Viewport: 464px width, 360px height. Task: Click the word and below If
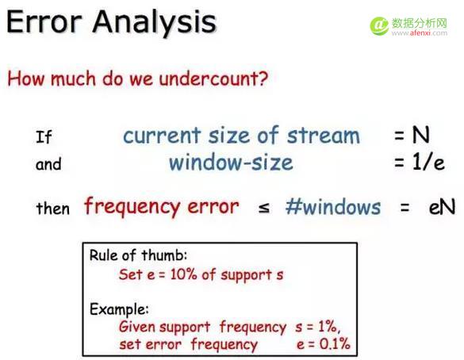point(48,165)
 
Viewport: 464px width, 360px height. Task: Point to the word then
point(52,209)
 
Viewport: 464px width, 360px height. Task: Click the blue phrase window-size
point(230,163)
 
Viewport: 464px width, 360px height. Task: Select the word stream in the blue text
point(322,135)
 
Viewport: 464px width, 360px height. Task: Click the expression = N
point(412,135)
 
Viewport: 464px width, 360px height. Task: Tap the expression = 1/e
point(417,163)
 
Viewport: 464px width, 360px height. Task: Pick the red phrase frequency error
point(161,207)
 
